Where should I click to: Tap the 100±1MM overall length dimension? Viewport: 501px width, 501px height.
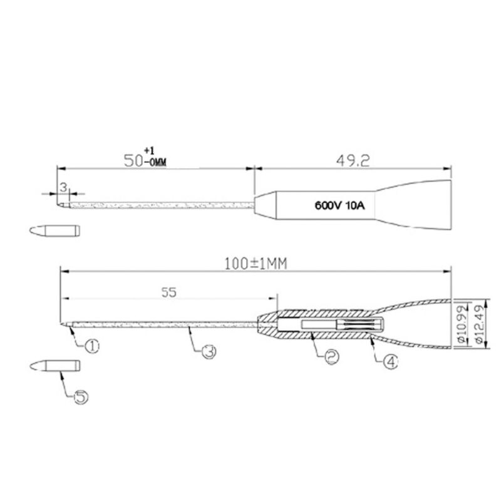click(x=255, y=264)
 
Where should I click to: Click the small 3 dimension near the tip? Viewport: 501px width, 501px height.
click(x=63, y=187)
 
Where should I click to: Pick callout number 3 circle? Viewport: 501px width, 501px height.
click(x=209, y=353)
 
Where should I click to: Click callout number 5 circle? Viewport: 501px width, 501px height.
click(x=81, y=397)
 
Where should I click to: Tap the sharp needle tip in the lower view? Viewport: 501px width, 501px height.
click(x=64, y=324)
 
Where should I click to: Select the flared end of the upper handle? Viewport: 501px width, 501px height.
click(x=432, y=204)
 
